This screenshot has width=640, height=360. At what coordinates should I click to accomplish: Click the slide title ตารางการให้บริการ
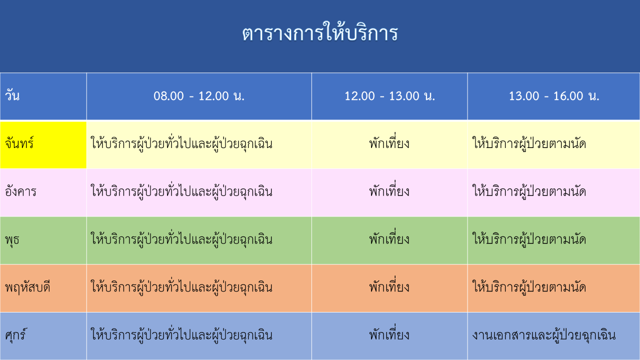click(x=320, y=33)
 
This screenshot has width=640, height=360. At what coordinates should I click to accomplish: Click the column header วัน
click(x=12, y=95)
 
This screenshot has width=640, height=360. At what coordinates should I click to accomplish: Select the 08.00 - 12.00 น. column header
click(x=199, y=96)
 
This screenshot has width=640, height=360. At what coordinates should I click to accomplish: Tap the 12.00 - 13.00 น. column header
click(x=389, y=96)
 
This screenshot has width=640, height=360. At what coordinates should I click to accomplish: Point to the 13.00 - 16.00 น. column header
click(x=553, y=96)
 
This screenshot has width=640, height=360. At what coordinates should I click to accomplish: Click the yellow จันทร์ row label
click(x=43, y=145)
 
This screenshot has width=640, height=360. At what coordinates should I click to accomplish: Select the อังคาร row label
click(x=20, y=191)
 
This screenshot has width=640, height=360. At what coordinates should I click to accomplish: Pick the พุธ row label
click(x=12, y=239)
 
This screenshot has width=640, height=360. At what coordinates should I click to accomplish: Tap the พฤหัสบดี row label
click(x=27, y=287)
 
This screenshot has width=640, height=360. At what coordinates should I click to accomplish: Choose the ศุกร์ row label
click(x=15, y=334)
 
